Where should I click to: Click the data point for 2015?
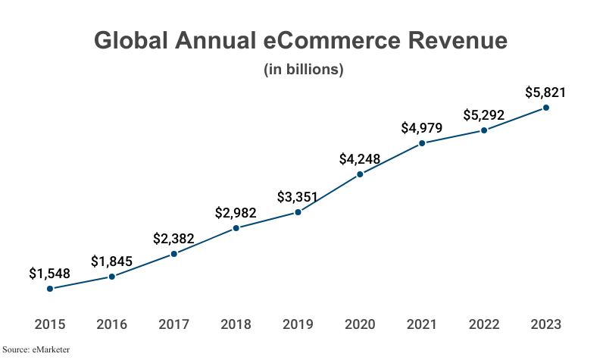point(50,288)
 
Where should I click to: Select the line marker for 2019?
point(298,212)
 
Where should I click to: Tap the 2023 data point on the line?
point(546,108)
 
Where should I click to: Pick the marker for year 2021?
point(422,142)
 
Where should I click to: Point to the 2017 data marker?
point(174,254)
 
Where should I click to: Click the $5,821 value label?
point(545,93)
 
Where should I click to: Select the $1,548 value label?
point(50,273)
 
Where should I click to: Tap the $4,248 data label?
point(360,159)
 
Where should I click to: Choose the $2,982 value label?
point(236,213)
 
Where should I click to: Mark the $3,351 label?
point(298,198)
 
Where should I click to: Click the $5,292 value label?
point(484,116)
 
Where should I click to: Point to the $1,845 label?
point(112,261)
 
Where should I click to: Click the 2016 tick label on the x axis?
point(112,324)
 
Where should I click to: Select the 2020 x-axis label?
point(360,324)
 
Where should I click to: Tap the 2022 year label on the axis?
point(484,324)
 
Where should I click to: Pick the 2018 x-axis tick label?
point(236,324)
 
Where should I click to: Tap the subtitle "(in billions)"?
point(304,70)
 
